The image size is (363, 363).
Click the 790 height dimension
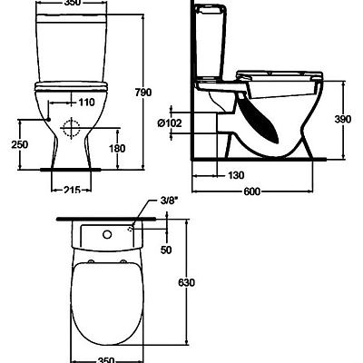(168, 92)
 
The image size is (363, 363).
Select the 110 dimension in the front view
(85, 103)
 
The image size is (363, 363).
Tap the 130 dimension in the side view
(236, 175)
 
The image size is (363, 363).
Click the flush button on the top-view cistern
(106, 237)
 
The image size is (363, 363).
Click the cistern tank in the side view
(216, 45)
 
